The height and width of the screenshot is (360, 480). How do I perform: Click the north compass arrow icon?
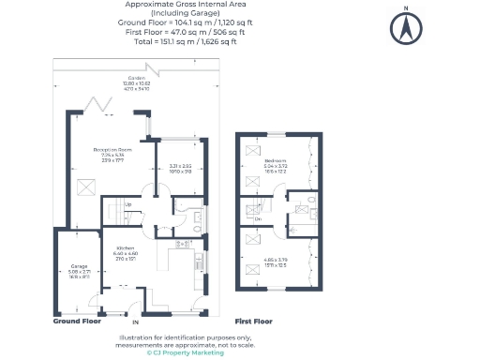pos(405,28)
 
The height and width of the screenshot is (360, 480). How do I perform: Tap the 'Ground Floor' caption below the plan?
pos(77,321)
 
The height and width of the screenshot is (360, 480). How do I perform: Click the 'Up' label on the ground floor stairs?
pos(127,204)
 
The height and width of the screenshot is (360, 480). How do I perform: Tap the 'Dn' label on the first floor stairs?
pos(258,218)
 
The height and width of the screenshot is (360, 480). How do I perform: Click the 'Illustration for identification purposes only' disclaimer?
pos(172,337)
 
